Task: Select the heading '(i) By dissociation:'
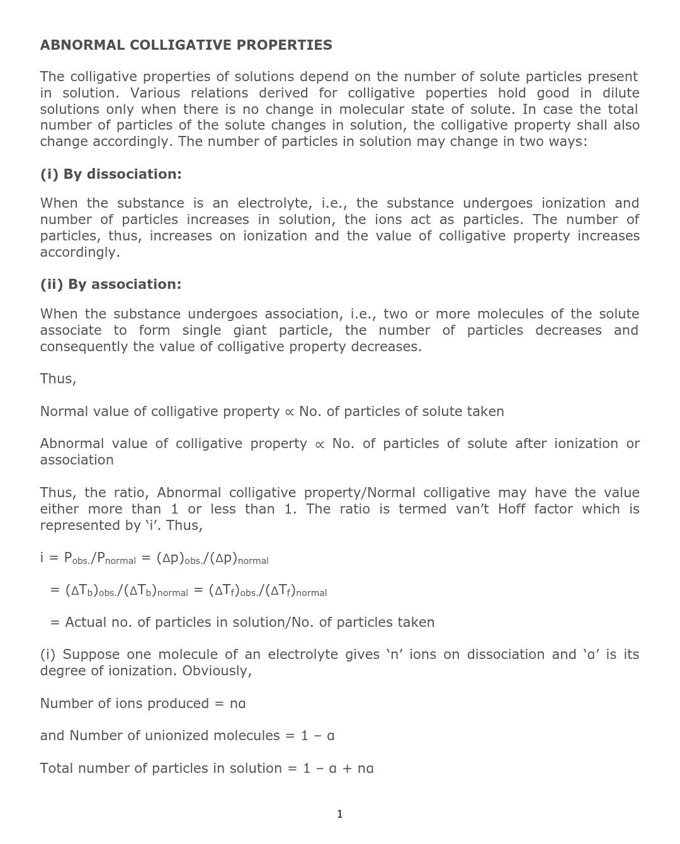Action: pos(111,174)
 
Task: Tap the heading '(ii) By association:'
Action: pos(111,284)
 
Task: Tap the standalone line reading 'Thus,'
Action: pos(58,379)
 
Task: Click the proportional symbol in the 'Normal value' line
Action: pos(289,412)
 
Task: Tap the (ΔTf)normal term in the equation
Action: pos(296,591)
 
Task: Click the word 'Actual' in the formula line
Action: pos(86,622)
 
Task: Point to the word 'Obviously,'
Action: pos(217,671)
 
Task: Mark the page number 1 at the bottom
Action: pos(340,814)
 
